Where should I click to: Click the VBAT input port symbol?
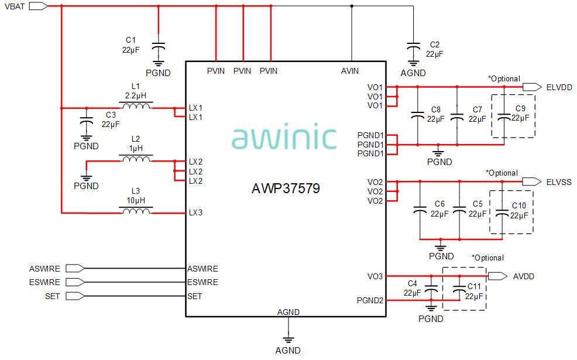37,6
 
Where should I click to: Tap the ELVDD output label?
559,87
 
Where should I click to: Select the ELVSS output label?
559,182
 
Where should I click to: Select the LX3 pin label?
195,212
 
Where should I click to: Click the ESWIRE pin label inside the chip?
202,282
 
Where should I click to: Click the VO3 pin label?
375,276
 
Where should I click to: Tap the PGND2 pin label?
370,301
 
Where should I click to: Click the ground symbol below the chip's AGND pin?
287,338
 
